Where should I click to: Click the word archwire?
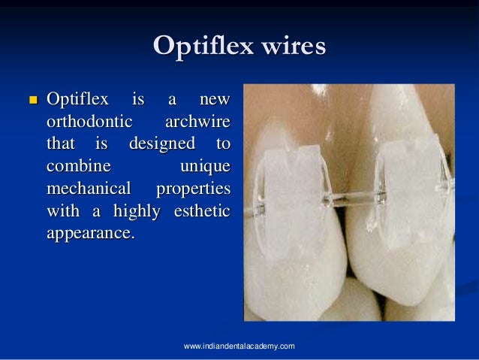click(x=197, y=121)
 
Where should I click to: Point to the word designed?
click(x=161, y=143)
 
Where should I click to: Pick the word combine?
click(x=78, y=165)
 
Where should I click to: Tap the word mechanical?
click(x=89, y=188)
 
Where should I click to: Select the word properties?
click(x=193, y=188)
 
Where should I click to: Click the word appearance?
click(x=90, y=233)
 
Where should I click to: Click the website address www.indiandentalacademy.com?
click(x=239, y=345)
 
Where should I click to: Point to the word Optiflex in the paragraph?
click(x=78, y=99)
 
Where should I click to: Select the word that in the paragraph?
click(x=62, y=143)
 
